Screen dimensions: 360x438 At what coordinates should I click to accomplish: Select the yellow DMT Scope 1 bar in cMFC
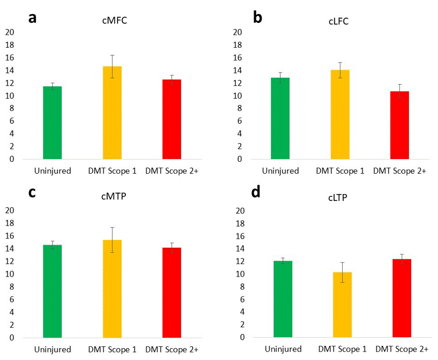[112, 113]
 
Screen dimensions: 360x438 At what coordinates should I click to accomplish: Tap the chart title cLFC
[342, 21]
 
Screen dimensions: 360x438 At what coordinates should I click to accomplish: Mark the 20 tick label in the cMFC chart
[10, 32]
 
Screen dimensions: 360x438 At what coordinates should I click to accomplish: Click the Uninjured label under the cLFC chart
[281, 171]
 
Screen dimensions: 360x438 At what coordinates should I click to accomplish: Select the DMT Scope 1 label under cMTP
[112, 349]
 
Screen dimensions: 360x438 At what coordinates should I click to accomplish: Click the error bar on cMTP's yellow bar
[112, 239]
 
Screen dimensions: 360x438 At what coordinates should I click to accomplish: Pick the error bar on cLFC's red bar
[399, 91]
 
